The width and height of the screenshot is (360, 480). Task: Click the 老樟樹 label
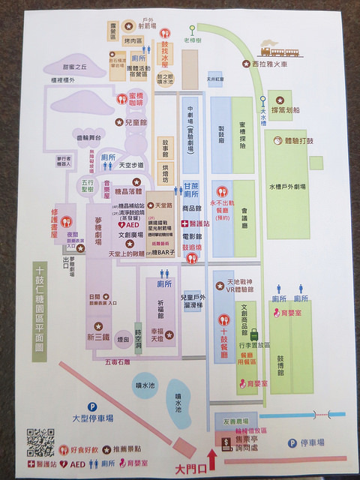[193, 42]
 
